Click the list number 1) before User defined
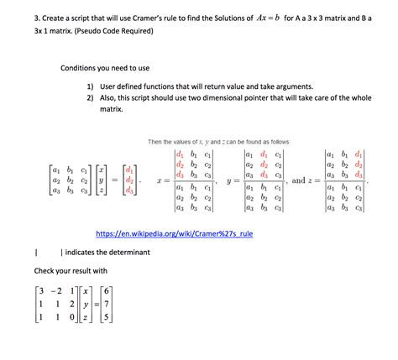point(90,86)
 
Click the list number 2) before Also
point(90,98)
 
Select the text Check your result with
point(71,271)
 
